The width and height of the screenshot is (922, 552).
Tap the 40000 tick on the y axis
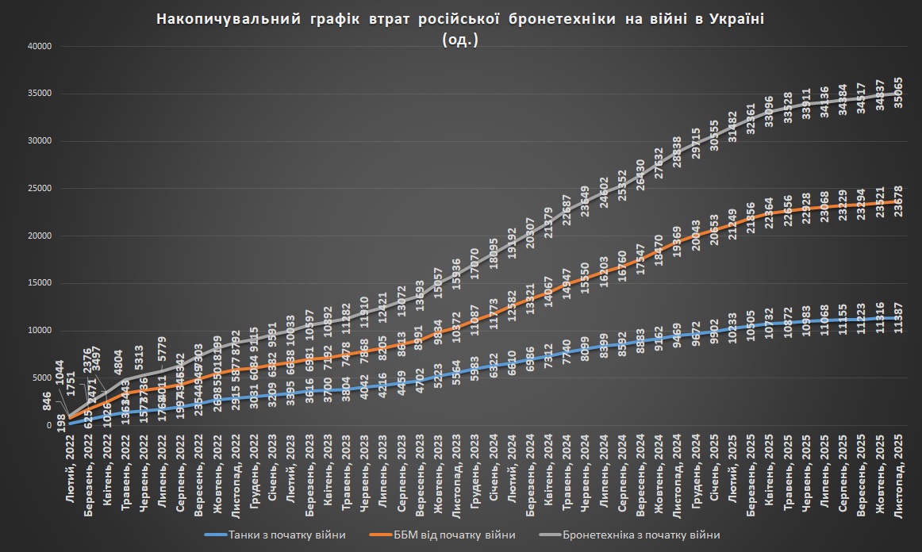(38, 46)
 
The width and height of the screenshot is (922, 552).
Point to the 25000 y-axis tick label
(38, 189)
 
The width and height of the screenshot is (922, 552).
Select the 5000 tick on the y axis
(41, 378)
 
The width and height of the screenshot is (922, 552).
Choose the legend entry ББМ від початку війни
(458, 535)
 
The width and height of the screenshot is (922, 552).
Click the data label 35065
(899, 93)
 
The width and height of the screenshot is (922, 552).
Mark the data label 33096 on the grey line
(766, 112)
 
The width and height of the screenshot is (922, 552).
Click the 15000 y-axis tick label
(38, 283)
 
